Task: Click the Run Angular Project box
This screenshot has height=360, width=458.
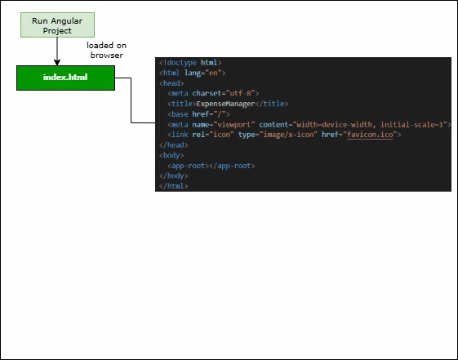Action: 57,24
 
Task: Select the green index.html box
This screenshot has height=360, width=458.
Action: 65,78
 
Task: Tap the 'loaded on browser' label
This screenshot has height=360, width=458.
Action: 106,51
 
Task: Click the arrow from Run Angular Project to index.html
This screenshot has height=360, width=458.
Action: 57,51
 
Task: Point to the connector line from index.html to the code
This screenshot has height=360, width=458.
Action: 131,102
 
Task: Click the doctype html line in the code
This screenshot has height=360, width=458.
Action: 190,62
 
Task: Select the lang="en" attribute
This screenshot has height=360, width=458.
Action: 207,73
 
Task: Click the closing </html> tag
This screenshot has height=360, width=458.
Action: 173,186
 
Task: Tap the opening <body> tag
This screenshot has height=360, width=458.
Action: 171,155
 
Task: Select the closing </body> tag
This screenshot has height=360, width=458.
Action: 173,176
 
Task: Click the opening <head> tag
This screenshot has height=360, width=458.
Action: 171,82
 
